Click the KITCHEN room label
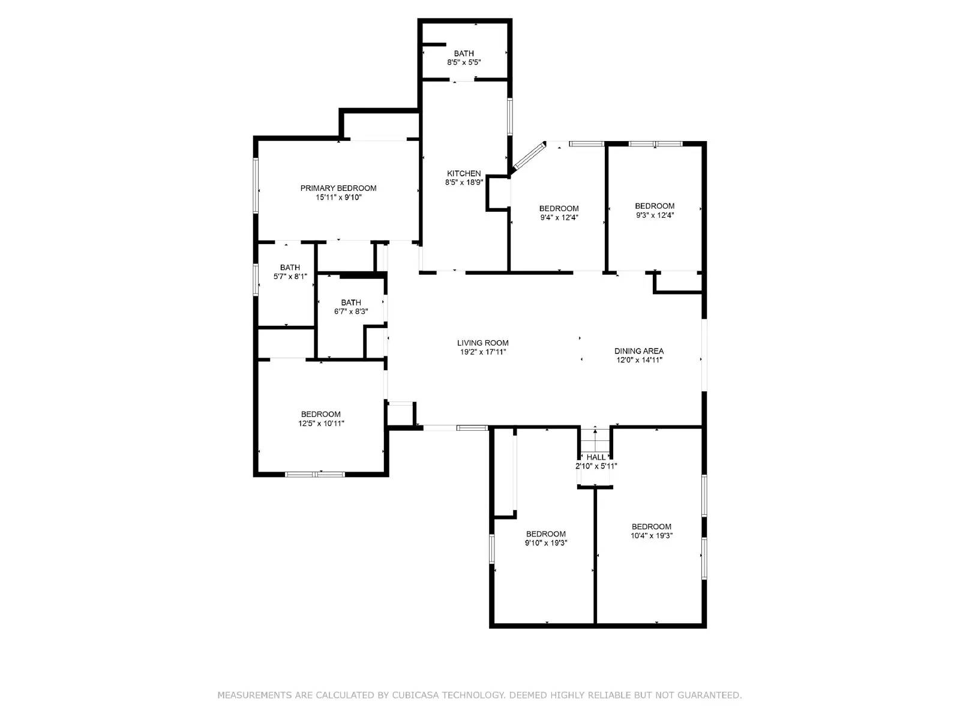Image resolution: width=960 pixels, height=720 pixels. coord(464,173)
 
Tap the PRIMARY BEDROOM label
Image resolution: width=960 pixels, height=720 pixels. coord(338,188)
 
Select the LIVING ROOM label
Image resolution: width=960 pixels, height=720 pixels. coord(483,343)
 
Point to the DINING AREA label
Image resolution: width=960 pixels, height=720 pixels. coord(639,351)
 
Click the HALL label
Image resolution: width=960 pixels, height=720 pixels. coord(596,457)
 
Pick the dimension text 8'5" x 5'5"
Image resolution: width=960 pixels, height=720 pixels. coord(464,62)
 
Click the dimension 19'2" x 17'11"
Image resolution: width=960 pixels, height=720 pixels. coord(483,352)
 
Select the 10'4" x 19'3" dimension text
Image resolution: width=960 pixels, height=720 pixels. coord(651,536)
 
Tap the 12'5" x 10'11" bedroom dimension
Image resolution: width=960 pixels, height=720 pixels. coord(321,423)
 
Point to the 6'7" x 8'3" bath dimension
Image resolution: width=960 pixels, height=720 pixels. coord(351,311)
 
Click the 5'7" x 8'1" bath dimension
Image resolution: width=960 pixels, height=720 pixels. coord(290,276)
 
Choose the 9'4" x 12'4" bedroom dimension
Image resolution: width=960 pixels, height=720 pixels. coord(559,217)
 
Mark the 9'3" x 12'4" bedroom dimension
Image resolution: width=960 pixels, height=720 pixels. coord(655,215)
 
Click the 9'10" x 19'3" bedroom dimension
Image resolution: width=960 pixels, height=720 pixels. coord(546,542)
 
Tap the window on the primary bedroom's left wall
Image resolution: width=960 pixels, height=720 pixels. coord(256,185)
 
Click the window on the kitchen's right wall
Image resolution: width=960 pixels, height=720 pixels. coord(510,116)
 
